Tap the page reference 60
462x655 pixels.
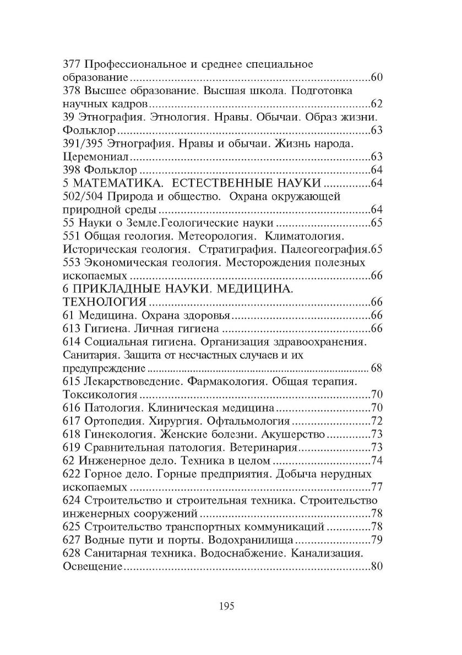(377, 77)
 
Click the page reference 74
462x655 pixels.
(377, 460)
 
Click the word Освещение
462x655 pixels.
(89, 566)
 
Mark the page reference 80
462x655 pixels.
(377, 566)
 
